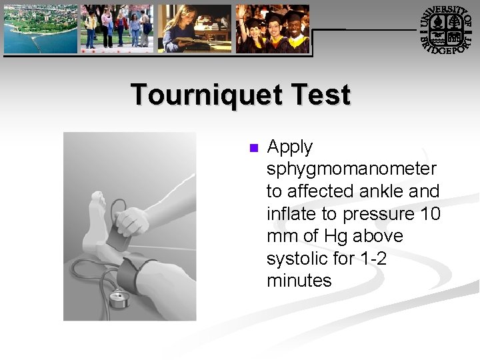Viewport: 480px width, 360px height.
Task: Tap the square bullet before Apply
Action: tap(253, 148)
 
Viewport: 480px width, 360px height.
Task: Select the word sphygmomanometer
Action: tap(351, 169)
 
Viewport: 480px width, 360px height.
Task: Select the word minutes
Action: tap(299, 281)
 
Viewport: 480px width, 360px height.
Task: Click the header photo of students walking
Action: tap(117, 29)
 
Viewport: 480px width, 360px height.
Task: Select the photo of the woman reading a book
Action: tap(194, 29)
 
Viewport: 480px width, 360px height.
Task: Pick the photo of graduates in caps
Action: tap(273, 29)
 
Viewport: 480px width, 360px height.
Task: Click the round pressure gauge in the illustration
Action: tap(119, 299)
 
